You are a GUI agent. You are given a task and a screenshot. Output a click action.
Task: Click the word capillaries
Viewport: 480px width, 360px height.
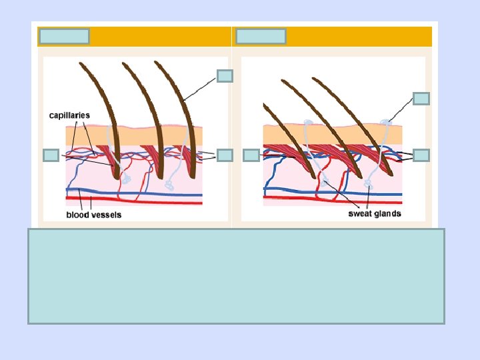click(69, 115)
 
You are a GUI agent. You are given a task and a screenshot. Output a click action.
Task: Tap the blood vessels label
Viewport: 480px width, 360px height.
click(94, 215)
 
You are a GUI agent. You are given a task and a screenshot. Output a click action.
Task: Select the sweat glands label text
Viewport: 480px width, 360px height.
click(375, 214)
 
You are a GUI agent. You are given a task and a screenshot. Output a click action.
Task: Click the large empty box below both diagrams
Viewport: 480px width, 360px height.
click(236, 276)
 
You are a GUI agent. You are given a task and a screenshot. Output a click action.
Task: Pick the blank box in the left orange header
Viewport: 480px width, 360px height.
click(64, 36)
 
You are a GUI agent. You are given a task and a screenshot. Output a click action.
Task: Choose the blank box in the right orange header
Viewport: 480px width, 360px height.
click(261, 36)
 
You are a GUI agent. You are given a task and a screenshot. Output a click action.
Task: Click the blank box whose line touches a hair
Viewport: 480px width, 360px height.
click(225, 76)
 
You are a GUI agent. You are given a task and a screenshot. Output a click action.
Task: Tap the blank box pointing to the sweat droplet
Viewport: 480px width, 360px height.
click(421, 99)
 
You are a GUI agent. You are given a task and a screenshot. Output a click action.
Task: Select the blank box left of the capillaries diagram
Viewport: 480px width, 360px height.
click(51, 155)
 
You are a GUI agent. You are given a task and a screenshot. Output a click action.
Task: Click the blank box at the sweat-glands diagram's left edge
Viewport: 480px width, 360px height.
click(251, 155)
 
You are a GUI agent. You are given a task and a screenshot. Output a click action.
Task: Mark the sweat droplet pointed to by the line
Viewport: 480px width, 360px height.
click(386, 123)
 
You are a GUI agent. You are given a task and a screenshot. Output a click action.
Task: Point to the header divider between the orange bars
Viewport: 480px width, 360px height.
click(231, 37)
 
